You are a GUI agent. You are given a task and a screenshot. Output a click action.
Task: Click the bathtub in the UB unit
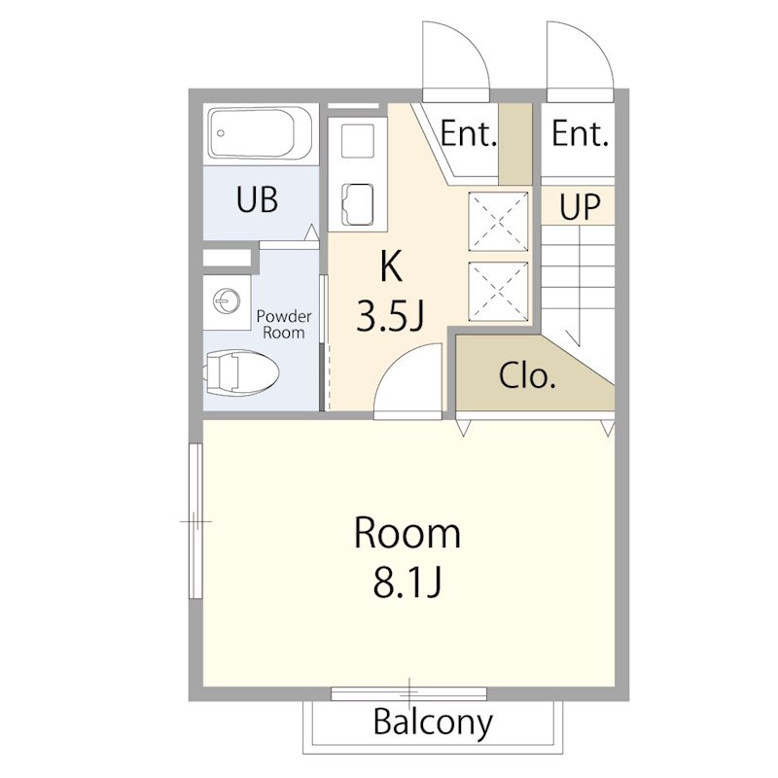tap(261, 133)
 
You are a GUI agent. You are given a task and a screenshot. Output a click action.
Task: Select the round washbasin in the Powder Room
tap(227, 301)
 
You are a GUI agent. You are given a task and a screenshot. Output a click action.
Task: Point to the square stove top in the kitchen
tap(358, 141)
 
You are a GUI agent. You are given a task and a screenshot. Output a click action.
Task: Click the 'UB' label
tap(257, 199)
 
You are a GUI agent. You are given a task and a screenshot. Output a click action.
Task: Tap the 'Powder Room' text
tap(284, 324)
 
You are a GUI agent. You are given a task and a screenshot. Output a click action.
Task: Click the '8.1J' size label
tap(407, 582)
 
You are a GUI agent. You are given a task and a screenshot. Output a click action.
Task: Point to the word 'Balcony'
tap(433, 723)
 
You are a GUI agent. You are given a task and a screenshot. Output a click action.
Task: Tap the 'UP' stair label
tap(580, 206)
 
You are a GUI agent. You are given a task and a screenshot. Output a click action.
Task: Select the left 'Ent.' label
tap(469, 133)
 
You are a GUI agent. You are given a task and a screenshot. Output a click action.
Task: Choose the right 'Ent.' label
tap(580, 133)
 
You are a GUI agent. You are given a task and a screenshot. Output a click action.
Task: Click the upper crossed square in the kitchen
tap(498, 222)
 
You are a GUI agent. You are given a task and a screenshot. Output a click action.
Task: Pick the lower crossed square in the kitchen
tap(498, 291)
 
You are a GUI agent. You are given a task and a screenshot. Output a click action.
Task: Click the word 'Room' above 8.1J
tap(407, 533)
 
